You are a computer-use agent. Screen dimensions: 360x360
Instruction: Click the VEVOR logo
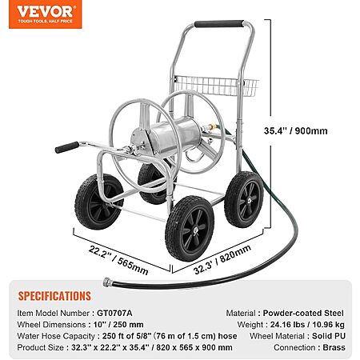tap(46, 14)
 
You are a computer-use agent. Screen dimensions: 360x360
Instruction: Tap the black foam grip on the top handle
tap(219, 24)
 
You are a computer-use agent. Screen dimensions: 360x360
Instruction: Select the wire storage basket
tap(216, 86)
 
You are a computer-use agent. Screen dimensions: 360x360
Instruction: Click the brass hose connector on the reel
tap(213, 126)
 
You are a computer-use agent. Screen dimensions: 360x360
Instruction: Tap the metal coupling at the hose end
tap(108, 282)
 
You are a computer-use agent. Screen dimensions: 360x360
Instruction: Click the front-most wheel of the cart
tap(190, 228)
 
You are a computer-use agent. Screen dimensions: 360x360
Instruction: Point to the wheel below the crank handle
tap(99, 202)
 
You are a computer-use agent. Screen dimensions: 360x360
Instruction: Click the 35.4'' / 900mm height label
tap(296, 131)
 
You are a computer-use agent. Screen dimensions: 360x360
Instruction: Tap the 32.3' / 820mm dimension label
tap(222, 260)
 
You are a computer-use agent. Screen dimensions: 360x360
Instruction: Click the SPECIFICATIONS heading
tap(54, 296)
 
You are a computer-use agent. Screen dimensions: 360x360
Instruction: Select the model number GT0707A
tap(114, 313)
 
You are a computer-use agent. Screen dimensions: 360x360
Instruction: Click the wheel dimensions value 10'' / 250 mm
tap(118, 325)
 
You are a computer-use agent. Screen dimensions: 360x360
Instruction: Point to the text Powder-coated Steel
tap(303, 313)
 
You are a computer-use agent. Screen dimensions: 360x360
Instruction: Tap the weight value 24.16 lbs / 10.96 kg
tap(307, 325)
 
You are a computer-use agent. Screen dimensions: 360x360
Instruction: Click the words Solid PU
tap(329, 336)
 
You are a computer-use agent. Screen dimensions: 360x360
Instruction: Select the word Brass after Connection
tap(334, 347)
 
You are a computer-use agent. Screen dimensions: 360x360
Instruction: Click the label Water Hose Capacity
tap(56, 336)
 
